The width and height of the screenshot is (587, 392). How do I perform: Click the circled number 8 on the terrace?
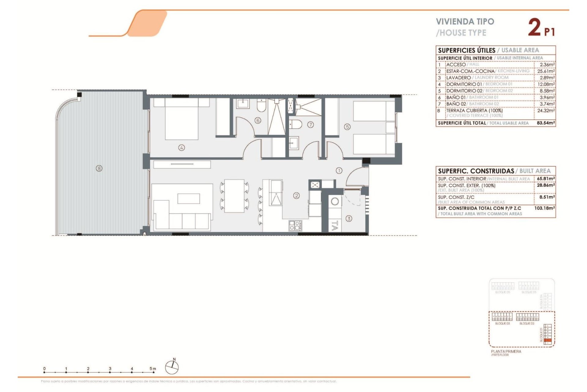99,168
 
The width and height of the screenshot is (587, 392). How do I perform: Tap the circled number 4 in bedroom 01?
182,148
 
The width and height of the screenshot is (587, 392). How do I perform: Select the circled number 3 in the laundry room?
349,218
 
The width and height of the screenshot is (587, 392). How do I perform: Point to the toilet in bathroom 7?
296,124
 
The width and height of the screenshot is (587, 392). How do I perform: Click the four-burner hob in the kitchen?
295,226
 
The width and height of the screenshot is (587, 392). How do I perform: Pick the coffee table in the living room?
189,198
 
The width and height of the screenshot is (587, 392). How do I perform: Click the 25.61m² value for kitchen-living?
546,71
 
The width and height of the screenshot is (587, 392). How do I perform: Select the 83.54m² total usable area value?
546,123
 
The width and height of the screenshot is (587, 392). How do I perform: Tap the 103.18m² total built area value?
545,208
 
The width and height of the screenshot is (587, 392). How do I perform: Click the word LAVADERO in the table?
458,78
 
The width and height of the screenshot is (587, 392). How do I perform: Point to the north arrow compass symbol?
172,367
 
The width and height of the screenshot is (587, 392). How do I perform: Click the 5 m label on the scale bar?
153,368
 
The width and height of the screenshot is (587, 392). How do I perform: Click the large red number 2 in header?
534,28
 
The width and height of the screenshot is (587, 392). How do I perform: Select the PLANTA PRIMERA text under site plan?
506,351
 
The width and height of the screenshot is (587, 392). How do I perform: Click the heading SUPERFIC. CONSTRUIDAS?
476,171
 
